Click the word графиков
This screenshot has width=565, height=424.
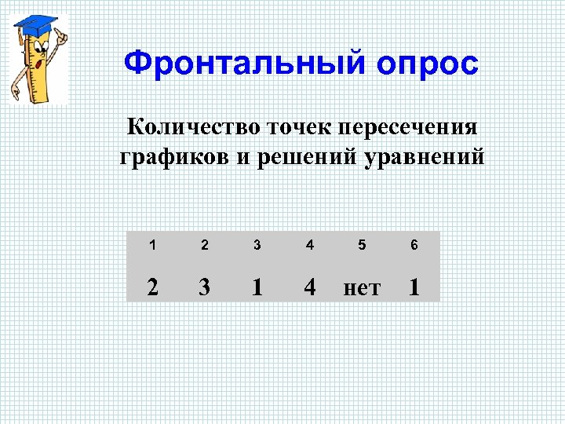tap(174, 157)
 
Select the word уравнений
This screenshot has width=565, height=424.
tap(425, 157)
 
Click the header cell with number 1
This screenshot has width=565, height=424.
tap(153, 245)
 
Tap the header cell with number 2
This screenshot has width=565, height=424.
tap(205, 245)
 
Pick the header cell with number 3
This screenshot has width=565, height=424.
tap(257, 245)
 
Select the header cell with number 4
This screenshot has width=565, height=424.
tap(310, 245)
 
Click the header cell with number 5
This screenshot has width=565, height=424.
tap(362, 245)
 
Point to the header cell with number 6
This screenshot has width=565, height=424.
tap(414, 245)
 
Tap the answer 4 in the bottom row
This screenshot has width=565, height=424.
tap(310, 288)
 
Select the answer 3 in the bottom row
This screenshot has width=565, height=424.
tap(205, 288)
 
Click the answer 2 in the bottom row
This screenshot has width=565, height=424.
tap(153, 288)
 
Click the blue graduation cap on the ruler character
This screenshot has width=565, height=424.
tap(35, 24)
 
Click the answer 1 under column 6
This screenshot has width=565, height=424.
tap(414, 288)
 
